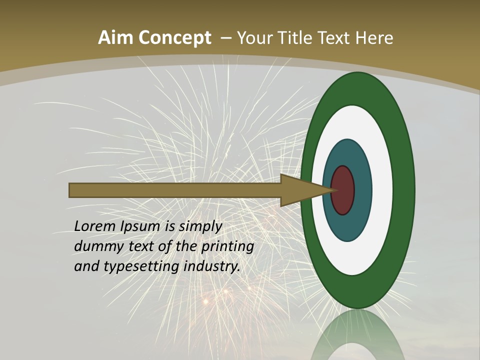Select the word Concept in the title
[x=174, y=38]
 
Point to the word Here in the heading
[x=374, y=38]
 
